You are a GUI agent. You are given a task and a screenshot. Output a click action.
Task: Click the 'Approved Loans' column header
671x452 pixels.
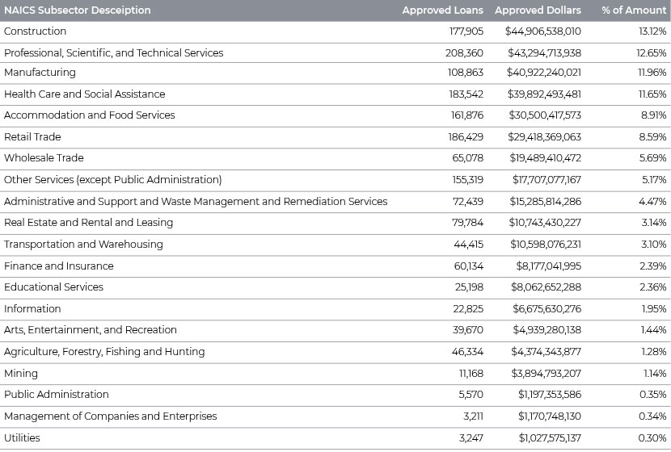[x=442, y=10]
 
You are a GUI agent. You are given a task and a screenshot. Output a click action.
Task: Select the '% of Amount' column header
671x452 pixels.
[x=634, y=10]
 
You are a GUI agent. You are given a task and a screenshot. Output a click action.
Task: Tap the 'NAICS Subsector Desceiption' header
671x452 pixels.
[x=78, y=10]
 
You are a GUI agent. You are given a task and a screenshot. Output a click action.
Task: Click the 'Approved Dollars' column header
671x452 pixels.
[x=538, y=10]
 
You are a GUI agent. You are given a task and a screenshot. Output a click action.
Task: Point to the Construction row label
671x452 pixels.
[x=35, y=31]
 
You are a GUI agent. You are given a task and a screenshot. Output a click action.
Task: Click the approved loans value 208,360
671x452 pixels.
[x=464, y=53]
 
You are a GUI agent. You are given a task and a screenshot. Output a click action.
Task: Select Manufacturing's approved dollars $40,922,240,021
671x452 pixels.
[x=544, y=72]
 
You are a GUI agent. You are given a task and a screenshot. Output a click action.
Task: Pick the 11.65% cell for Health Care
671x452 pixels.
[x=652, y=94]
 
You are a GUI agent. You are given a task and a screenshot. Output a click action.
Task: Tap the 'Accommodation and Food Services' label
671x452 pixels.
[x=90, y=115]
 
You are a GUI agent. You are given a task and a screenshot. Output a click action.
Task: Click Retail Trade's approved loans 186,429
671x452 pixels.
[x=466, y=136]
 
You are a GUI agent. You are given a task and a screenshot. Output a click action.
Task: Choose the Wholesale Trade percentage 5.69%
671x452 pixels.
[x=652, y=158]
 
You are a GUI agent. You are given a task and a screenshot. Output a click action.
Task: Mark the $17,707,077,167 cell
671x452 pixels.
[x=547, y=179]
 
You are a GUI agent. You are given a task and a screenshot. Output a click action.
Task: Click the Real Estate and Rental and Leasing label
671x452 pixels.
[x=89, y=223]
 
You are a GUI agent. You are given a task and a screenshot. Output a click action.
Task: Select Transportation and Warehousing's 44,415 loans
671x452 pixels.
[x=469, y=245]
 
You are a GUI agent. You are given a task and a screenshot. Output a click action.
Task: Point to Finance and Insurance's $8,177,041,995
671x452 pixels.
[x=549, y=266]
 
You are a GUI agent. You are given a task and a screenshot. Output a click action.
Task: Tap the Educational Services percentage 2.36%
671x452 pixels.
[x=653, y=287]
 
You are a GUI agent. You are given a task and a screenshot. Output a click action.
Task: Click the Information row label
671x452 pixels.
[x=32, y=309]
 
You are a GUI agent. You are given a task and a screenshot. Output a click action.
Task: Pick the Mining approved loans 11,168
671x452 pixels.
[x=471, y=374]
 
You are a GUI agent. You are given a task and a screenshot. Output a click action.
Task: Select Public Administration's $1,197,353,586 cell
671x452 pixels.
[x=550, y=395]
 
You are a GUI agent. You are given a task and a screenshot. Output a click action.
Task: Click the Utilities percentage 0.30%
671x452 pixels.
[x=652, y=438]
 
